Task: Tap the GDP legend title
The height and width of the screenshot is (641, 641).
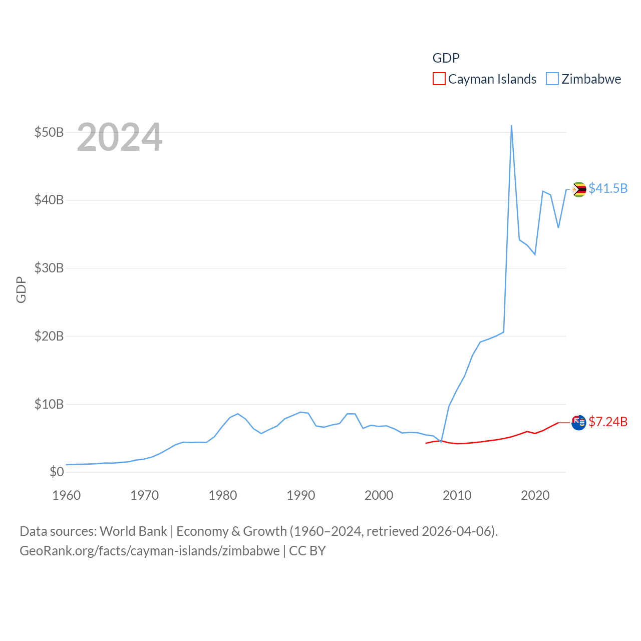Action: point(446,58)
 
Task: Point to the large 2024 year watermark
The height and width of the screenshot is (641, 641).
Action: point(119,137)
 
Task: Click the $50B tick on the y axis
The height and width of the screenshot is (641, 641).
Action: point(49,132)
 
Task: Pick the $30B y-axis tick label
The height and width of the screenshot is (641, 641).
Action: point(49,268)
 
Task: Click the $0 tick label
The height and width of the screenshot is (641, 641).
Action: point(57,472)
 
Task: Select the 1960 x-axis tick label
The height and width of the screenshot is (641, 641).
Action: point(67,495)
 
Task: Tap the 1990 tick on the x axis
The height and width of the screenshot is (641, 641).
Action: point(301,495)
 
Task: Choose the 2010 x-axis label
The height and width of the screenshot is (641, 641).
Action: point(457,495)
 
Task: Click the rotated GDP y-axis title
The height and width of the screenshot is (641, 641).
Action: point(21,289)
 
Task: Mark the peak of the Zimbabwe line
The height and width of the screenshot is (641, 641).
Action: point(511,126)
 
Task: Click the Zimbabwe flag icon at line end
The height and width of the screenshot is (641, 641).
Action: point(579,189)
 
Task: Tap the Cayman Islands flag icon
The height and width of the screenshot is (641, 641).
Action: point(579,423)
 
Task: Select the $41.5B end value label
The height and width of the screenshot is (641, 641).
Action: point(608,188)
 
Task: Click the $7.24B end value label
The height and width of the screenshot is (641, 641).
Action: point(608,422)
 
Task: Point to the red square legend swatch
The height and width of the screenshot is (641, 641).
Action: point(439,79)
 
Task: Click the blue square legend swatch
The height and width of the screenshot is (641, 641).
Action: point(552,79)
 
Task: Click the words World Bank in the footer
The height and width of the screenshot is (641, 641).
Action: point(133,531)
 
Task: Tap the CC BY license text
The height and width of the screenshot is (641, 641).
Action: point(307,551)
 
